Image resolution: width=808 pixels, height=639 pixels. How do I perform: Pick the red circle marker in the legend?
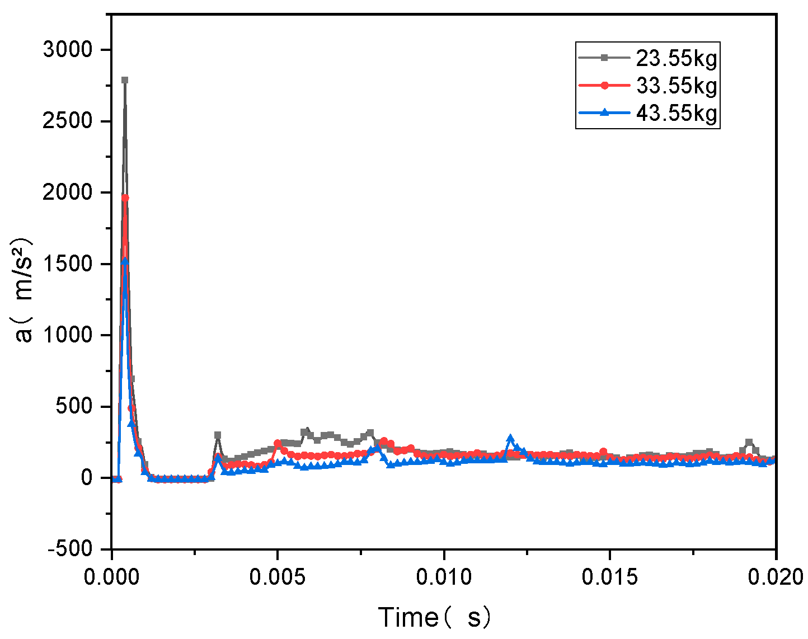604,86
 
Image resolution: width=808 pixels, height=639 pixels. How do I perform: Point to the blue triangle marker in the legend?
604,113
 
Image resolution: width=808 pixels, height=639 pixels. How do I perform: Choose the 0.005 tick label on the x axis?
277,576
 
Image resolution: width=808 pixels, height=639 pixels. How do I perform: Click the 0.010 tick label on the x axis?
443,576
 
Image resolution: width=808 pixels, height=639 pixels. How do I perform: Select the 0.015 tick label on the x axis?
609,576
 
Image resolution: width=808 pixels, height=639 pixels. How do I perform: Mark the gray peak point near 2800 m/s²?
125,80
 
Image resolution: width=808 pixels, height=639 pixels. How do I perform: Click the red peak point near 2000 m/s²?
125,198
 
